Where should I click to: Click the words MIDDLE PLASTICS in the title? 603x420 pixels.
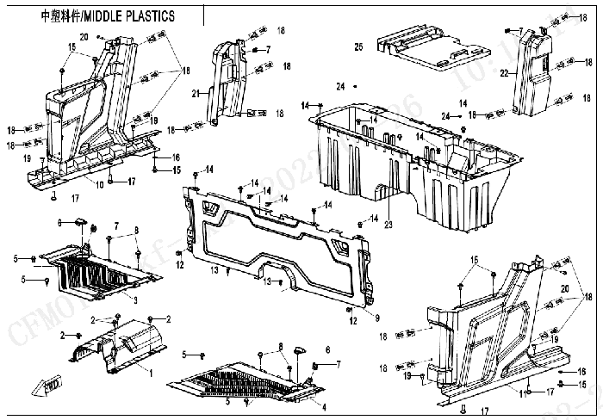point(129,15)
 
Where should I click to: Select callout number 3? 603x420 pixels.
point(135,299)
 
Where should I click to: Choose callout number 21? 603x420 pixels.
point(196,93)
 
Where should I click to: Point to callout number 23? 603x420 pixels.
point(389,225)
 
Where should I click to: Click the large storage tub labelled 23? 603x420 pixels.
point(413,164)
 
